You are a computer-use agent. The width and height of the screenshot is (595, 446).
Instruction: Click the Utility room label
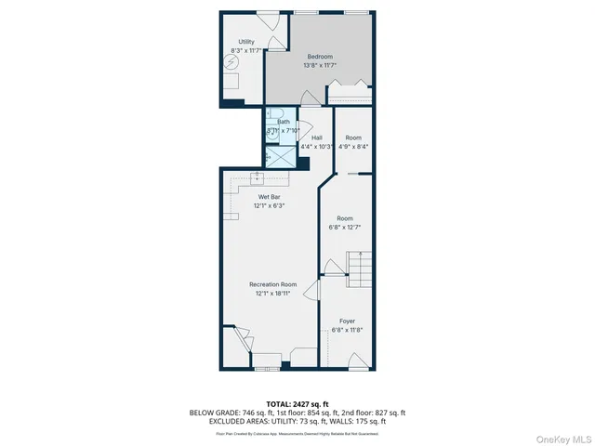[245, 42]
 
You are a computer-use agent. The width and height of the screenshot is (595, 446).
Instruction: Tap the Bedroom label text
[320, 57]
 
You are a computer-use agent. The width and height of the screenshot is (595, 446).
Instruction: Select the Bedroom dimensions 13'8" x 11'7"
[320, 66]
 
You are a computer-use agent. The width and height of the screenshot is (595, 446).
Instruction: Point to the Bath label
[284, 122]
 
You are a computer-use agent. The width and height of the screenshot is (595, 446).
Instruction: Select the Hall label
[317, 138]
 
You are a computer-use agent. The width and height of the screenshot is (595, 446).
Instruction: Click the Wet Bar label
[271, 197]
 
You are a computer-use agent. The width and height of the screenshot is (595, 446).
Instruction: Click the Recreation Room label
[272, 283]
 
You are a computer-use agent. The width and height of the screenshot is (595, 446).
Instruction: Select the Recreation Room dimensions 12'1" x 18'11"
[272, 293]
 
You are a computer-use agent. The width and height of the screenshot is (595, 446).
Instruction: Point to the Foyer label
[347, 321]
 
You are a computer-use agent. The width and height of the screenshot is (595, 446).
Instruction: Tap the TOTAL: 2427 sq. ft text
[298, 401]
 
